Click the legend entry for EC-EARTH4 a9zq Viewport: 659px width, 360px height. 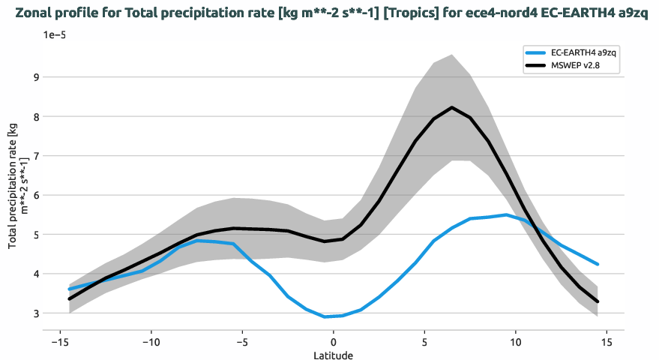[579, 52]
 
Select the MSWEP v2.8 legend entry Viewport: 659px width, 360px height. [575, 66]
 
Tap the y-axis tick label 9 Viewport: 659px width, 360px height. [33, 77]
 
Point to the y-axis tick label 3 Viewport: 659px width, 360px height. [33, 313]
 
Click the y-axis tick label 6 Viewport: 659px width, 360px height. [33, 195]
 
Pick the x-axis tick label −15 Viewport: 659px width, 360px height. [60, 342]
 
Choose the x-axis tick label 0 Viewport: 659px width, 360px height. [334, 342]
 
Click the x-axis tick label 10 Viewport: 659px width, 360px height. [516, 342]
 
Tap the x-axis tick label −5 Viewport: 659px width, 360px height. [242, 342]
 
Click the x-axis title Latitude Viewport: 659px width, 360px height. [334, 355]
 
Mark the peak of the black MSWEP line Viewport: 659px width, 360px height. [452, 107]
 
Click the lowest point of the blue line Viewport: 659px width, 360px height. [325, 316]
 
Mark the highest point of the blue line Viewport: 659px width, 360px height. [507, 214]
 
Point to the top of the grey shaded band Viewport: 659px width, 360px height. [452, 55]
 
